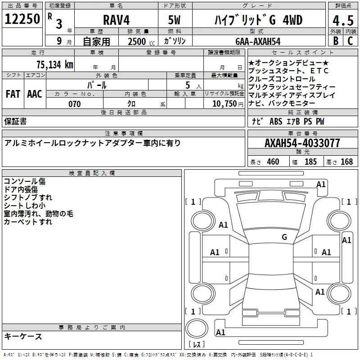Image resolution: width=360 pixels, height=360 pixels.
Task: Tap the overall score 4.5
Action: pos(342,21)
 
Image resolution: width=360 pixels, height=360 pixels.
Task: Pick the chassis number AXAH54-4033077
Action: pos(302,144)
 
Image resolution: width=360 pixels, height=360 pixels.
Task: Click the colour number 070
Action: pos(75,104)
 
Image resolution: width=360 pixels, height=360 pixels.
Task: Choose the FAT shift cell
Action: pos(13,94)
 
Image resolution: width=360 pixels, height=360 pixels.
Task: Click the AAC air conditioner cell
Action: pos(34,94)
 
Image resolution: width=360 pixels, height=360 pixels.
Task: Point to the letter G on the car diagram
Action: pos(284,237)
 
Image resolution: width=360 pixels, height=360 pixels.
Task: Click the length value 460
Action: pos(273,162)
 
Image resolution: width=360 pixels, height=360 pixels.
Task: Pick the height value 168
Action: pos(346,162)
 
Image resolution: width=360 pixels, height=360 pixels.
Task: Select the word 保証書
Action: pos(15,121)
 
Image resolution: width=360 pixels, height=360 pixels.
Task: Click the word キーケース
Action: pos(23,337)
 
